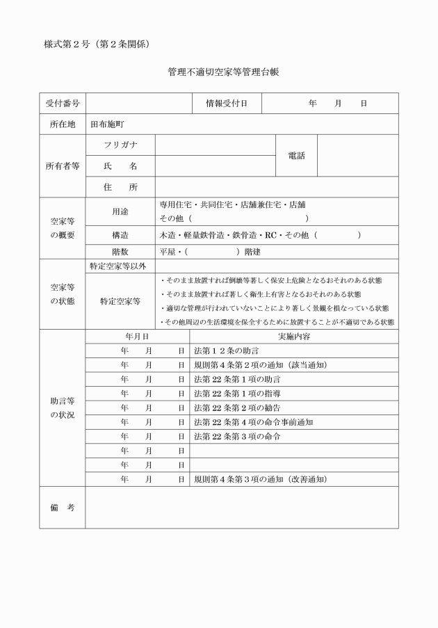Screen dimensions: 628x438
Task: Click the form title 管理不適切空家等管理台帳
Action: [x=222, y=72]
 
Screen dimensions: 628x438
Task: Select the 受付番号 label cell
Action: [x=62, y=104]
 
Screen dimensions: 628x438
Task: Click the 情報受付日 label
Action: [x=226, y=104]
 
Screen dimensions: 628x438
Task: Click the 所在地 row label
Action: [x=62, y=124]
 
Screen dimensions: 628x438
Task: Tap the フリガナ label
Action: [x=120, y=145]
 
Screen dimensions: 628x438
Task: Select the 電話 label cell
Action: [x=296, y=156]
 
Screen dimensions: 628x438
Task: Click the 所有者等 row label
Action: [x=62, y=166]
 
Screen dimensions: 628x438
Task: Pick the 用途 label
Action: [x=120, y=211]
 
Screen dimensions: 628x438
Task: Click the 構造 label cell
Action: [x=120, y=235]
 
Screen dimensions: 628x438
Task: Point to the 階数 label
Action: [x=120, y=252]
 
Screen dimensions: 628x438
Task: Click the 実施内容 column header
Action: [x=293, y=336]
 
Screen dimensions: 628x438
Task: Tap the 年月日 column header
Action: [x=137, y=336]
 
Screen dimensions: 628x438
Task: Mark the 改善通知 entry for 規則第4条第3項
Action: [x=260, y=479]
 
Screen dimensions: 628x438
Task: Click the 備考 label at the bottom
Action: [x=62, y=508]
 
